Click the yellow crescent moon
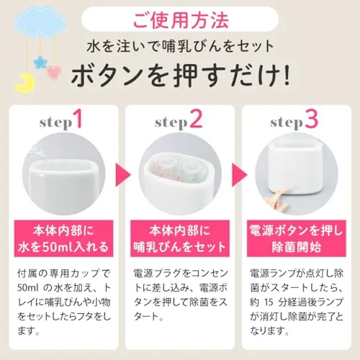pyautogui.click(x=24, y=83)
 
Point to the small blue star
pyautogui.click(x=40, y=63)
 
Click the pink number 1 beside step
pyautogui.click(x=78, y=119)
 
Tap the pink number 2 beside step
pyautogui.click(x=196, y=119)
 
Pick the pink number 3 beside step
pyautogui.click(x=312, y=119)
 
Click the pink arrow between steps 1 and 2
pyautogui.click(x=122, y=175)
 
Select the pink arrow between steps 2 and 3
pyautogui.click(x=239, y=175)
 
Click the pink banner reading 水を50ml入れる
pyautogui.click(x=63, y=238)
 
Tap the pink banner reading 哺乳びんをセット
pyautogui.click(x=180, y=238)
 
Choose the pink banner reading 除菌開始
pyautogui.click(x=297, y=238)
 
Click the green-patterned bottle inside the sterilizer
pyautogui.click(x=190, y=169)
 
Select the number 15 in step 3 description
pyautogui.click(x=269, y=302)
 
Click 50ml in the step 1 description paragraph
pyautogui.click(x=28, y=288)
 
